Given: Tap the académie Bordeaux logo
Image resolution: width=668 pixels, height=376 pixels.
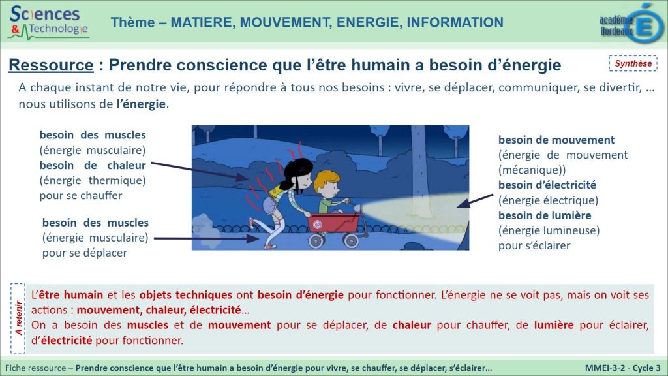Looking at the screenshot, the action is pos(631,23).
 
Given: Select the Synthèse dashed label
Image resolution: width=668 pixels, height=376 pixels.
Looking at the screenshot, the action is pos(633,63).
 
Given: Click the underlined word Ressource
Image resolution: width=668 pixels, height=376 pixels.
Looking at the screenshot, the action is pos(51,65).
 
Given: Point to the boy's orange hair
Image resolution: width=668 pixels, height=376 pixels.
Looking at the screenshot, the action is pos(325,180).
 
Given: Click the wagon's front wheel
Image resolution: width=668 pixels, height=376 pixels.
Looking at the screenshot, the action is pos(352,241).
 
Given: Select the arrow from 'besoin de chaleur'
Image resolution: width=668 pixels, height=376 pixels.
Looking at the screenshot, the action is pos(200,171).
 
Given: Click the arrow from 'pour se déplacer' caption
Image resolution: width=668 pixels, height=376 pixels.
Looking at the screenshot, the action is pos(206,238).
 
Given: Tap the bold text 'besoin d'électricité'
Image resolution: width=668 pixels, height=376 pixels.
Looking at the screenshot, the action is pos(547,185).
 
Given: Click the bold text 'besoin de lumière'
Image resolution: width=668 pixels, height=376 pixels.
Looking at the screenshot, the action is pos(545,215).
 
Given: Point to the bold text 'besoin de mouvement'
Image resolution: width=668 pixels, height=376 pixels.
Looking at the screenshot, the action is pos(556,140).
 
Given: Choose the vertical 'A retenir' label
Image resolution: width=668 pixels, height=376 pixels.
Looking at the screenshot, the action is pos(18,318).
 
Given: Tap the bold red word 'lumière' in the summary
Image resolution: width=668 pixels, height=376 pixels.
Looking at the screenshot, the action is pos(554,325).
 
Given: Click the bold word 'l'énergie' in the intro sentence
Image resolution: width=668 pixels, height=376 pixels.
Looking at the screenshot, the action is pos(141,104).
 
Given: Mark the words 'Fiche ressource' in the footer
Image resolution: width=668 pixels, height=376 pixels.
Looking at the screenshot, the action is pos(36,368).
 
